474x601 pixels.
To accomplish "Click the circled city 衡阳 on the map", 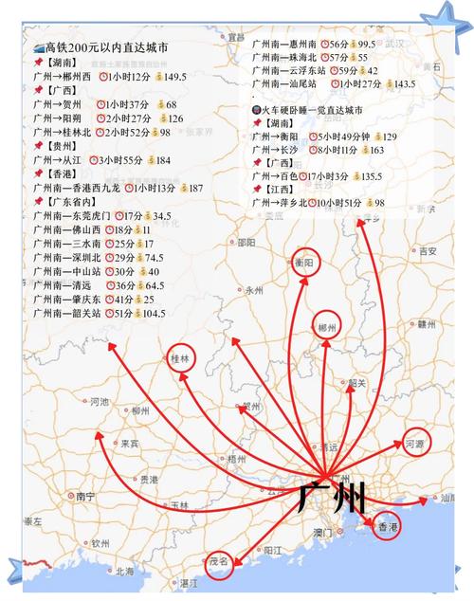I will tap(304, 263).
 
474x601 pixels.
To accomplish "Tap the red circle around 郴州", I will tap(328, 328).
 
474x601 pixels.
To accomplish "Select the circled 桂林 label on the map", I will tap(179, 359).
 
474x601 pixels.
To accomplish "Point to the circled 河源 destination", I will tap(414, 442).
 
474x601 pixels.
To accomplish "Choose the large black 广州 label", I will tap(330, 498).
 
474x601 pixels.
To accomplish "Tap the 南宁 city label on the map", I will tap(87, 496).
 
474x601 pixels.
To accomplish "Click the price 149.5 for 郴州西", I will tap(170, 77).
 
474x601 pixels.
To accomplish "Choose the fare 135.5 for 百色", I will tap(367, 176).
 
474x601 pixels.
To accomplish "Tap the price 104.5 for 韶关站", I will tap(148, 313).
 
